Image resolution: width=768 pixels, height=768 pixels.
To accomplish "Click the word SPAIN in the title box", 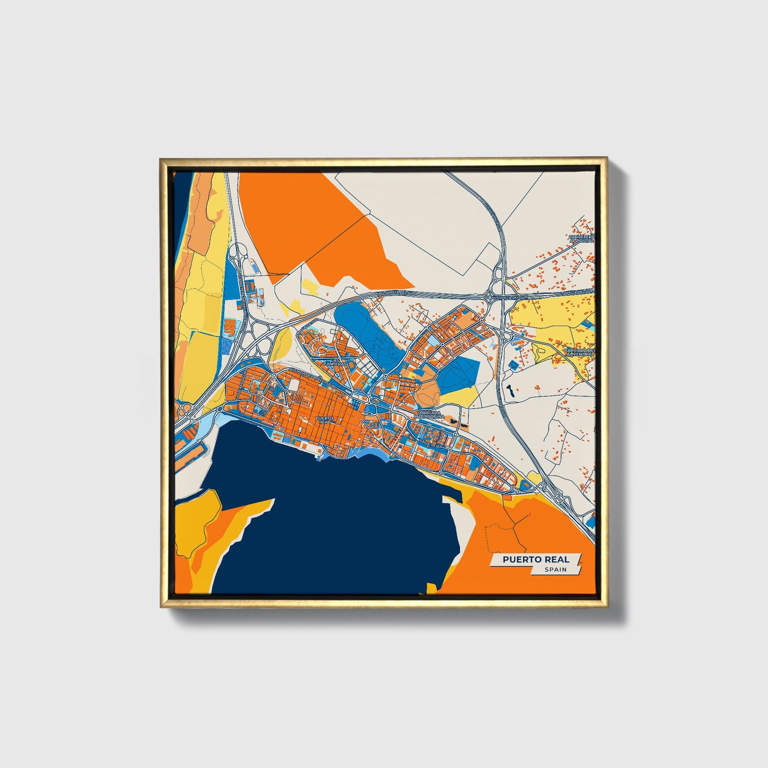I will [555, 569].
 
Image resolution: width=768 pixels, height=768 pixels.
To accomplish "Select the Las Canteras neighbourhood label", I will [338, 361].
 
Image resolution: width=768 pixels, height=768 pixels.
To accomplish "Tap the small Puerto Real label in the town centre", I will [324, 419].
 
